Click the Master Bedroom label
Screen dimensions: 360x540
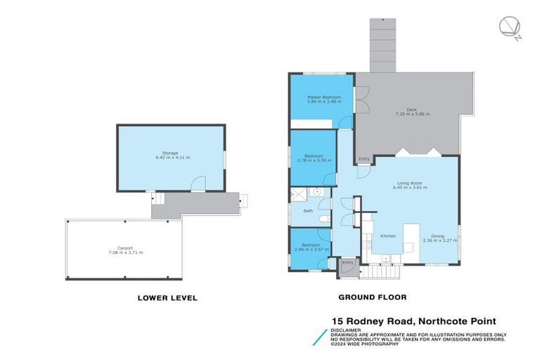323,97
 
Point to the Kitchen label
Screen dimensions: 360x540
388,236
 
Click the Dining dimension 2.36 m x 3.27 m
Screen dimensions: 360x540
439,240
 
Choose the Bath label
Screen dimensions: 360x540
308,211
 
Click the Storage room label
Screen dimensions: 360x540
170,153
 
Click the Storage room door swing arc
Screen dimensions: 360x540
198,183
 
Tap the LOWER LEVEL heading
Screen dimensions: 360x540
167,298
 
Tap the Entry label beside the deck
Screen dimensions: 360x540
364,159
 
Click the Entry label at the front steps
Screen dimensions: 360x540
347,263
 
